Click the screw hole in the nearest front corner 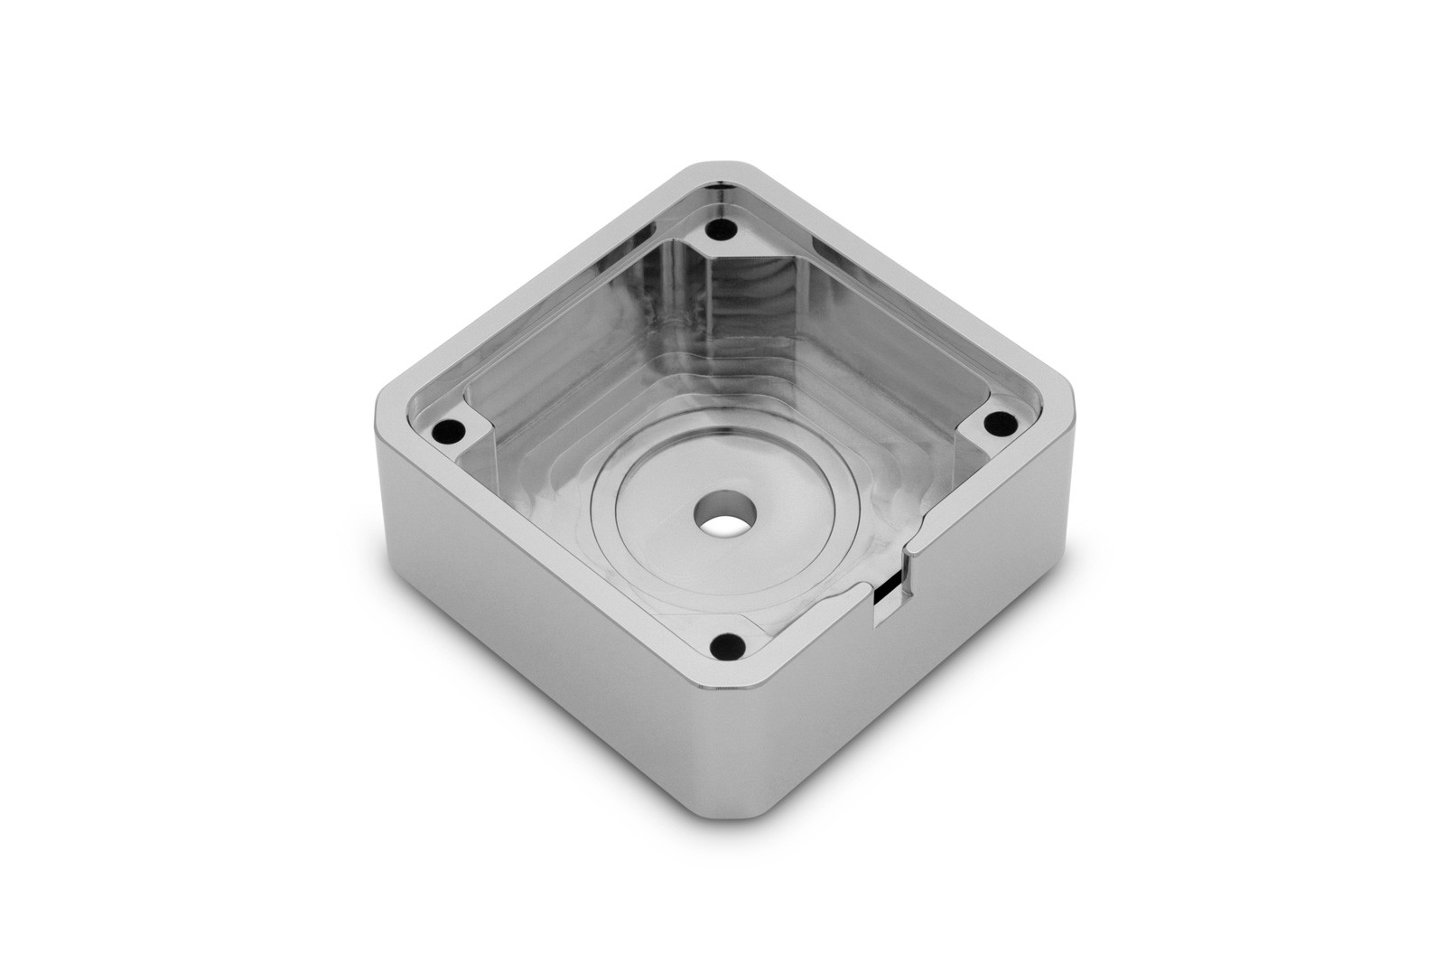tap(720, 646)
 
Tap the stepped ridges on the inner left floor tap(542, 407)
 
